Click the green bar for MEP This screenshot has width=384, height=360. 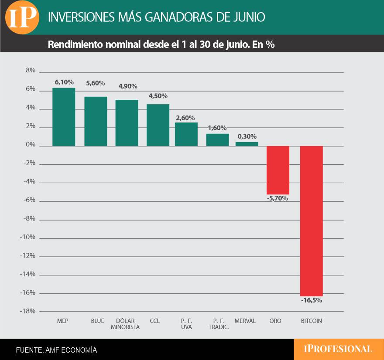[x=64, y=117]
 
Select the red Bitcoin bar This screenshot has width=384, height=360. [x=312, y=221]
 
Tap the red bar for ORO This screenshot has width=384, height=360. [x=278, y=170]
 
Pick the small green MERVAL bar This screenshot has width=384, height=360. [x=247, y=144]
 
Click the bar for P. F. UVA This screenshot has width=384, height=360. [x=186, y=134]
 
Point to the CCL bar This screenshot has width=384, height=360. [x=158, y=125]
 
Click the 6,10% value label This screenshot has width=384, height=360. [x=64, y=82]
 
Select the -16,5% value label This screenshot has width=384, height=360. [x=312, y=300]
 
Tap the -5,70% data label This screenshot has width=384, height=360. [x=278, y=198]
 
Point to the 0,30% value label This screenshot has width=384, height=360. [x=247, y=136]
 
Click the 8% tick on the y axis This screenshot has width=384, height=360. [x=31, y=71]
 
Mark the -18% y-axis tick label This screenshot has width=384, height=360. [x=27, y=311]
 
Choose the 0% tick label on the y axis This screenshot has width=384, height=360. [x=31, y=145]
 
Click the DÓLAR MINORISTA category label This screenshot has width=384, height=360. [x=125, y=324]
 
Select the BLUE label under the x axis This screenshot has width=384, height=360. [x=97, y=321]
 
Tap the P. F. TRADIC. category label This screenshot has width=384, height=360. [x=219, y=324]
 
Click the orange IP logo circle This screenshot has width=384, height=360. [x=22, y=17]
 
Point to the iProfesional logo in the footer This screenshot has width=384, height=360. [x=338, y=349]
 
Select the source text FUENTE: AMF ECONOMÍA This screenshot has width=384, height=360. [x=57, y=350]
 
